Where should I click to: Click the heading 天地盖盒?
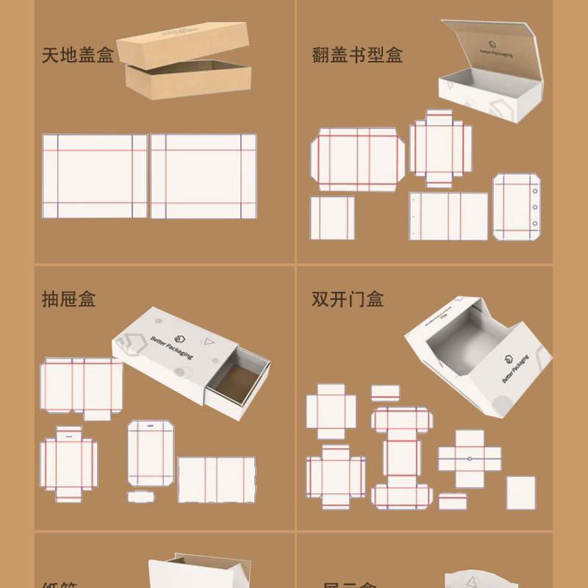click(78, 55)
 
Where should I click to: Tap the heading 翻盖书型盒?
click(357, 55)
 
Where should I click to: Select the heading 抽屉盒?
click(68, 299)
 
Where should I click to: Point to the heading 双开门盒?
click(348, 299)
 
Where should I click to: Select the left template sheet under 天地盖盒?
click(94, 176)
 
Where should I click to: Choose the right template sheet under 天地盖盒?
click(204, 176)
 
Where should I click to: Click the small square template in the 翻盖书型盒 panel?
click(331, 218)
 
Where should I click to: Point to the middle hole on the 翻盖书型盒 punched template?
click(534, 206)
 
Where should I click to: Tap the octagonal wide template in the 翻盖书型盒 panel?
click(357, 159)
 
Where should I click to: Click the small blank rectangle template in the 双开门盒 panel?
click(520, 492)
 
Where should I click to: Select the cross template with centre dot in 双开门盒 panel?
click(470, 459)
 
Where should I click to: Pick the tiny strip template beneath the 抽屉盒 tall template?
click(140, 497)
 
